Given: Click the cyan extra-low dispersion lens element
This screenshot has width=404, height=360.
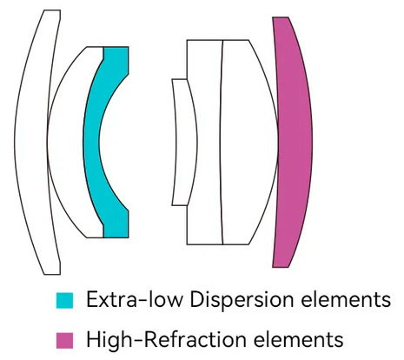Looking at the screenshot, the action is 91,142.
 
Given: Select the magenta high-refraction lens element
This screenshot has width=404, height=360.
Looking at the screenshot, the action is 294,142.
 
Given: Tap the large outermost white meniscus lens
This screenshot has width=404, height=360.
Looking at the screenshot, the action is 30,142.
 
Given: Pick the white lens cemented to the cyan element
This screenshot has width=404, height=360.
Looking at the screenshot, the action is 65,142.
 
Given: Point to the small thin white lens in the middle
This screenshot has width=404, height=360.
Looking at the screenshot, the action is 185,142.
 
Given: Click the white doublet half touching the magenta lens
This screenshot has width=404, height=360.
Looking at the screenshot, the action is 249,142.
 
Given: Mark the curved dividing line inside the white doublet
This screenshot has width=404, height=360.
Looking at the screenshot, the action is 221,142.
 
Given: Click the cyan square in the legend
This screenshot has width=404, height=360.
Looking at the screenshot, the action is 64,301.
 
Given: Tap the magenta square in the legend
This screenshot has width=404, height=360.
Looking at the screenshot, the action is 64,341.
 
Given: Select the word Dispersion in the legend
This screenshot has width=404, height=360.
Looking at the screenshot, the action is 242,301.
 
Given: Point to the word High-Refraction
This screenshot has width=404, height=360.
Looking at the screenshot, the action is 166,339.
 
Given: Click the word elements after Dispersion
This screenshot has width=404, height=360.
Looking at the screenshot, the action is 346,300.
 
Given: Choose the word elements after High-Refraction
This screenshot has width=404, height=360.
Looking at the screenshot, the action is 298,340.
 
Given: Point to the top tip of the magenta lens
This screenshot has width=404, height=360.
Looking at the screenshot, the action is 281,17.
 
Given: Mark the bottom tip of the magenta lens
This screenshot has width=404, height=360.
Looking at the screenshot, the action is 281,267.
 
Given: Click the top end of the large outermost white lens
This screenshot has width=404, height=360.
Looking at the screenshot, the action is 52,10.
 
